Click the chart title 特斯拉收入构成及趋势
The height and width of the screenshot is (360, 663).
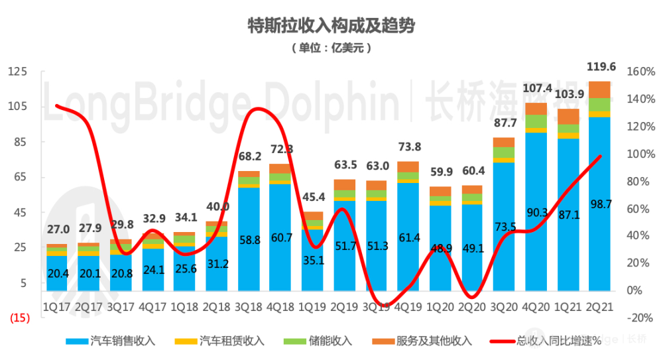click(331, 26)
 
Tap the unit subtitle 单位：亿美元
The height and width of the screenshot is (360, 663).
click(331, 48)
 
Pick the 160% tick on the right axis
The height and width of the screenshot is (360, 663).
click(640, 72)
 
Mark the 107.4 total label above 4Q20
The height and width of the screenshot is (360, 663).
click(536, 88)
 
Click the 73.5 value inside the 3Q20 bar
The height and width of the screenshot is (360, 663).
click(504, 227)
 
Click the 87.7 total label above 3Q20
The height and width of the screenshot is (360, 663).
click(504, 123)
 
